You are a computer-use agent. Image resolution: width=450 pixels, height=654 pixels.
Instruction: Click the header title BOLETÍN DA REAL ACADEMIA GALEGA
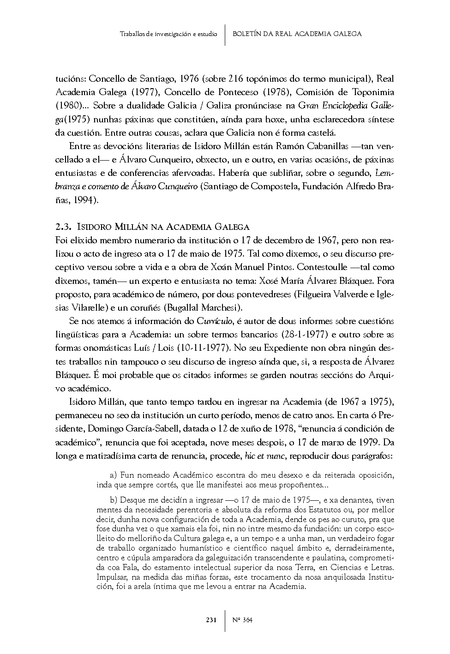point(297,34)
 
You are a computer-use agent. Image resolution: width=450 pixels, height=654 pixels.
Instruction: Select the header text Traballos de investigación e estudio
point(168,34)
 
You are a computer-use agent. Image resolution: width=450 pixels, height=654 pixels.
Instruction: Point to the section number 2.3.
point(62,227)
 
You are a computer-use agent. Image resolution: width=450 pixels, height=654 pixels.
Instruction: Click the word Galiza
point(222,106)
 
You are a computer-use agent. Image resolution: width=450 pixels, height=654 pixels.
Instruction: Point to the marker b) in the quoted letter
point(114,500)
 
